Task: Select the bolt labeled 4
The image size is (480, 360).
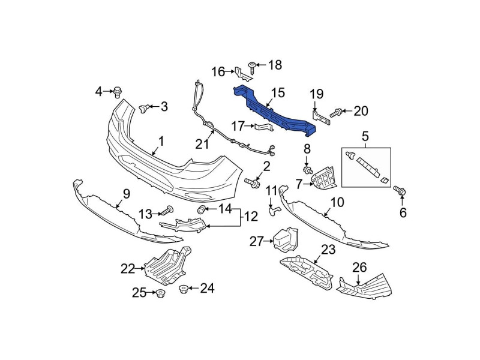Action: (118, 92)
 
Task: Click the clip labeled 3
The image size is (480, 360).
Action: (144, 107)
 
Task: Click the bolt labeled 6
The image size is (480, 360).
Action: (399, 191)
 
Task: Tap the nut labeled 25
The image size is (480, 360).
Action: (160, 294)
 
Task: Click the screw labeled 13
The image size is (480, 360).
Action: (169, 210)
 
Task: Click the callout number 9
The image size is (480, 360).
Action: (126, 193)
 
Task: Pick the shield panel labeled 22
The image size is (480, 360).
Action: (168, 264)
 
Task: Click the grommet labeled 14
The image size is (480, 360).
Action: (203, 209)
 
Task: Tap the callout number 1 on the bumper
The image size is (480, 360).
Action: (161, 142)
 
